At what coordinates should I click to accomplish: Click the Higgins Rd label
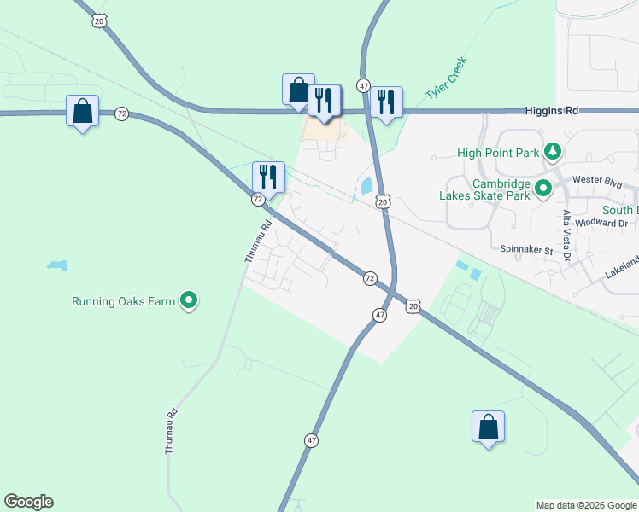(554, 111)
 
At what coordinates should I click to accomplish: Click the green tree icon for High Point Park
(553, 152)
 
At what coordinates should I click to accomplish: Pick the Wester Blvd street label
(595, 180)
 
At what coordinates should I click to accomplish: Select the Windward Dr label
(601, 223)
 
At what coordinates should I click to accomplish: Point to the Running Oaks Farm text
(124, 301)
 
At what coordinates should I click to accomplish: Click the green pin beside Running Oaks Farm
(190, 300)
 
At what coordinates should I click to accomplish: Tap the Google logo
(28, 502)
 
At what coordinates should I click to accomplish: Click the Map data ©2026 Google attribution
(586, 505)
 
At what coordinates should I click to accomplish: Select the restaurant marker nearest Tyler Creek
(386, 102)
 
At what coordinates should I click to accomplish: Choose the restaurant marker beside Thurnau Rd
(268, 177)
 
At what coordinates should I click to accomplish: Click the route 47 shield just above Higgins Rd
(364, 86)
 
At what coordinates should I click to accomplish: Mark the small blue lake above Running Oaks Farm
(57, 265)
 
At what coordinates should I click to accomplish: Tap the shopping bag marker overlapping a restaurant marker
(298, 90)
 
